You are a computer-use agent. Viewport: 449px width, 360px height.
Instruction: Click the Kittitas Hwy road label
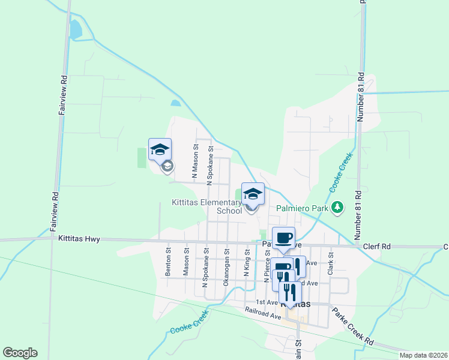[x=79, y=239]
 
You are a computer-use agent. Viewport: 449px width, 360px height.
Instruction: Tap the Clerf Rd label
[x=377, y=247]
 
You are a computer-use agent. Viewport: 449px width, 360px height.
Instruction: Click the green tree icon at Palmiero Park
[x=339, y=208]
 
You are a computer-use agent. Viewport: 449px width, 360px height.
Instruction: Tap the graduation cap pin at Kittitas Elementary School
[x=253, y=194]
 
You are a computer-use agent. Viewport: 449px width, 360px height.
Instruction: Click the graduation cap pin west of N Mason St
[x=160, y=149]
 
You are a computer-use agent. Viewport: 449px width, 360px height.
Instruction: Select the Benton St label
[x=169, y=263]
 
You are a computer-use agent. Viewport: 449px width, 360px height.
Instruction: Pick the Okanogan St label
[x=226, y=268]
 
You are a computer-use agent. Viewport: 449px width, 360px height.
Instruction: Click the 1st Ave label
[x=267, y=302]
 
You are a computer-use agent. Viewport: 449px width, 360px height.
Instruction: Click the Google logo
[x=20, y=353]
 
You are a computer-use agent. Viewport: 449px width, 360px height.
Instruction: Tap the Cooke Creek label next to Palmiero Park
[x=341, y=172]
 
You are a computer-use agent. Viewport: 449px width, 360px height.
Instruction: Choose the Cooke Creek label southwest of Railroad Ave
[x=188, y=324]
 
